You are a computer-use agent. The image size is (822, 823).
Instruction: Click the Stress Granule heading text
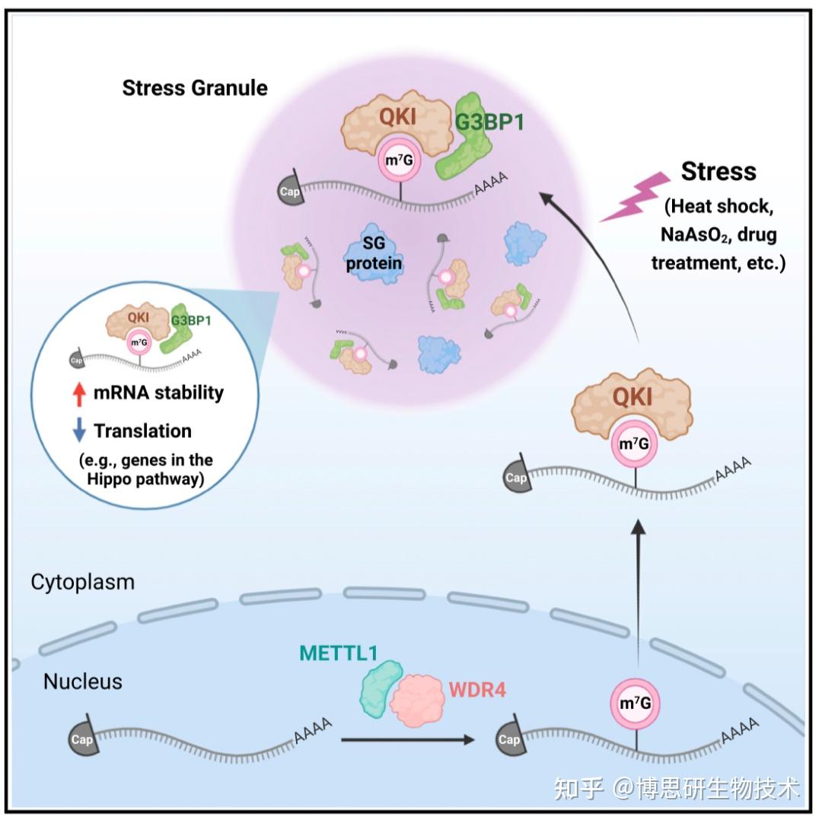pos(195,88)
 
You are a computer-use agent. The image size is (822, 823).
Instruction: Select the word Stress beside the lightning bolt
pos(718,171)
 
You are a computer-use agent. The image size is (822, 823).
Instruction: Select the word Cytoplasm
pos(82,583)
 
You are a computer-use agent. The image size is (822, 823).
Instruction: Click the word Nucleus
pos(82,681)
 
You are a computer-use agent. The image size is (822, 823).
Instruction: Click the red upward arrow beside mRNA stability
pos(78,393)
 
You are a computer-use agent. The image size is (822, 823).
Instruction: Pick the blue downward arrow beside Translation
pos(78,431)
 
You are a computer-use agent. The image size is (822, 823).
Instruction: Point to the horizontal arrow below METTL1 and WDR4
pos(403,739)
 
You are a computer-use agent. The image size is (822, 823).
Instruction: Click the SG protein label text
pos(372,256)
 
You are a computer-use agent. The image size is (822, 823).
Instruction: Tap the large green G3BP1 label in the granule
pos(489,120)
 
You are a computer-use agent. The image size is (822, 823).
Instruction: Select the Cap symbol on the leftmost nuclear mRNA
pos(81,739)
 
